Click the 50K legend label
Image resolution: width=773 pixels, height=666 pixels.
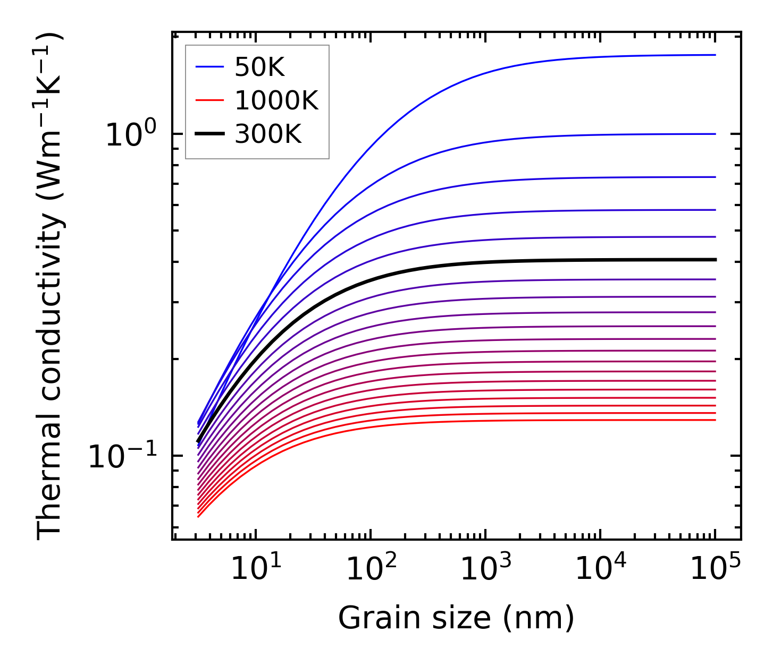[x=260, y=67]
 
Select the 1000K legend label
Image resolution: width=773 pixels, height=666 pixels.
[x=276, y=100]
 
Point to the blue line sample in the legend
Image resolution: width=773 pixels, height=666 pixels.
[x=210, y=67]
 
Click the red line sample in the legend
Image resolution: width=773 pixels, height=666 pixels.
[x=210, y=100]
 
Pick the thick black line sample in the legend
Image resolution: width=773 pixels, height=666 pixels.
[x=210, y=134]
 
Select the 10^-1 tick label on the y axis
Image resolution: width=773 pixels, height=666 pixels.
[x=123, y=455]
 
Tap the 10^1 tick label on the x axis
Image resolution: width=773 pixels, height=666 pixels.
[x=256, y=569]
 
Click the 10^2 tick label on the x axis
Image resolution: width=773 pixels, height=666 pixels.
[x=371, y=569]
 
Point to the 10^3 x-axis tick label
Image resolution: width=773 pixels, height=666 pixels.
[x=486, y=569]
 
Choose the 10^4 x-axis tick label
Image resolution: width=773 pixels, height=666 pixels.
[x=601, y=569]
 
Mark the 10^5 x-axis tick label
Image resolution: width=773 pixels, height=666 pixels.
[x=716, y=569]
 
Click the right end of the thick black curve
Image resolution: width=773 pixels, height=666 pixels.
[x=715, y=260]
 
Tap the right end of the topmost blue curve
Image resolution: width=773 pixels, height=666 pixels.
[x=715, y=55]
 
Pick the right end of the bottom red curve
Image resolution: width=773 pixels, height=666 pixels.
[x=715, y=420]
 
